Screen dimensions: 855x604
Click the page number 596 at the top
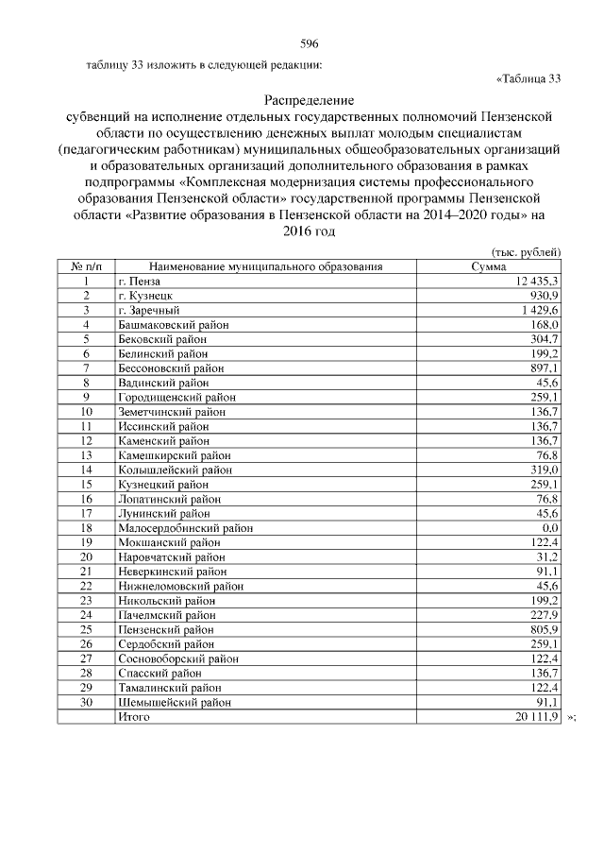coord(309,44)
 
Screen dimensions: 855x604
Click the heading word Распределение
coord(309,100)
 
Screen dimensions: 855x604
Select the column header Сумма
coord(489,267)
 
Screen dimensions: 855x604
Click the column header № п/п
coord(85,267)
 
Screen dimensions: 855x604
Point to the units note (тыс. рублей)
coord(528,253)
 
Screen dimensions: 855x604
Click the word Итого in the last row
coord(133,717)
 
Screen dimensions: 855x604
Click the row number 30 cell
coord(85,702)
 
